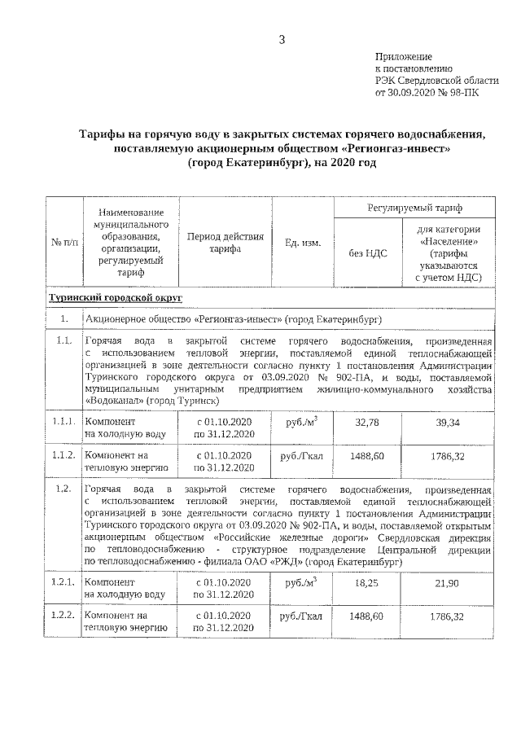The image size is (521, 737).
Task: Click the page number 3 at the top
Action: pyautogui.click(x=281, y=39)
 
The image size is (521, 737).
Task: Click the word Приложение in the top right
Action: pyautogui.click(x=402, y=56)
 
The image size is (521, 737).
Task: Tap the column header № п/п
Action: pyautogui.click(x=64, y=243)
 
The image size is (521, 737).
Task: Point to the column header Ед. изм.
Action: pyautogui.click(x=302, y=243)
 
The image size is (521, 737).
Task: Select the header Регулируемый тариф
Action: pyautogui.click(x=414, y=209)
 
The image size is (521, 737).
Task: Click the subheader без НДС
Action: pyautogui.click(x=368, y=253)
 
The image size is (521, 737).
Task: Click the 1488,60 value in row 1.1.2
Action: pyautogui.click(x=368, y=457)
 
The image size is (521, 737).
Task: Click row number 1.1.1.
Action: pyautogui.click(x=63, y=423)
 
